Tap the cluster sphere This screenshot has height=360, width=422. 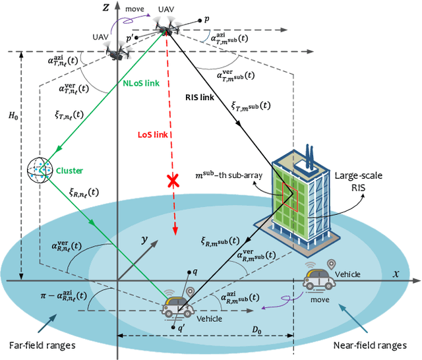click(x=40, y=170)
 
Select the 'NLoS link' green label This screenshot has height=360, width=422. click(x=142, y=84)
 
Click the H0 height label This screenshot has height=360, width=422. click(x=12, y=115)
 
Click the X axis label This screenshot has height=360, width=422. click(x=396, y=272)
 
